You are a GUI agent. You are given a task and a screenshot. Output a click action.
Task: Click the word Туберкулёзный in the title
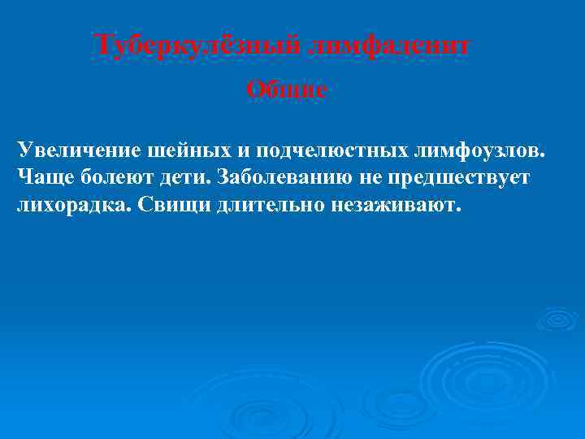click(x=199, y=46)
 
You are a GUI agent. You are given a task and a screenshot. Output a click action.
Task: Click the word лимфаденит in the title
click(x=390, y=46)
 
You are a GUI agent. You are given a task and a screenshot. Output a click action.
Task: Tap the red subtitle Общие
click(x=287, y=90)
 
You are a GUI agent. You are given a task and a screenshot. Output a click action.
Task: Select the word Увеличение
click(x=75, y=150)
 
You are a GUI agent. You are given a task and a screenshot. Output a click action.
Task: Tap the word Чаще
click(x=45, y=177)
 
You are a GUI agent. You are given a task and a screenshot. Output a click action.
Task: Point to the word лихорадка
click(x=71, y=204)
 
